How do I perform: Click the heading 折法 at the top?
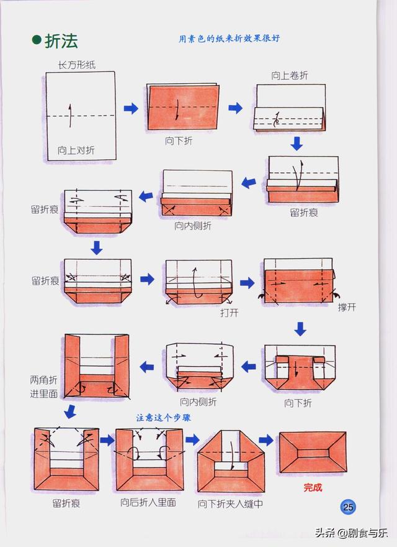click(61, 41)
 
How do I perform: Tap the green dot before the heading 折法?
click(37, 41)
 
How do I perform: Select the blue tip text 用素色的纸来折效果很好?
click(229, 38)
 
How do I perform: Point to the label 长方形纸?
click(76, 65)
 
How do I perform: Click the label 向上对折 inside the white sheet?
click(76, 150)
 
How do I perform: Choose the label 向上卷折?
click(289, 76)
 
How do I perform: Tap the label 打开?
click(229, 313)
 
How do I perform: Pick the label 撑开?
click(347, 308)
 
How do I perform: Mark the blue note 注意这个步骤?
click(163, 418)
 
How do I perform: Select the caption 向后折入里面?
click(148, 502)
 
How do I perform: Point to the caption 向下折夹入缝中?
click(230, 503)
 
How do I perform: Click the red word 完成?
click(313, 487)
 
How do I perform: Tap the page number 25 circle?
click(349, 507)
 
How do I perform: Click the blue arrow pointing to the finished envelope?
click(266, 440)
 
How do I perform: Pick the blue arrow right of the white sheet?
click(131, 109)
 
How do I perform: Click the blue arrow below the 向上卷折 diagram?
click(297, 144)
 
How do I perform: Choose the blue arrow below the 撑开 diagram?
click(300, 328)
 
